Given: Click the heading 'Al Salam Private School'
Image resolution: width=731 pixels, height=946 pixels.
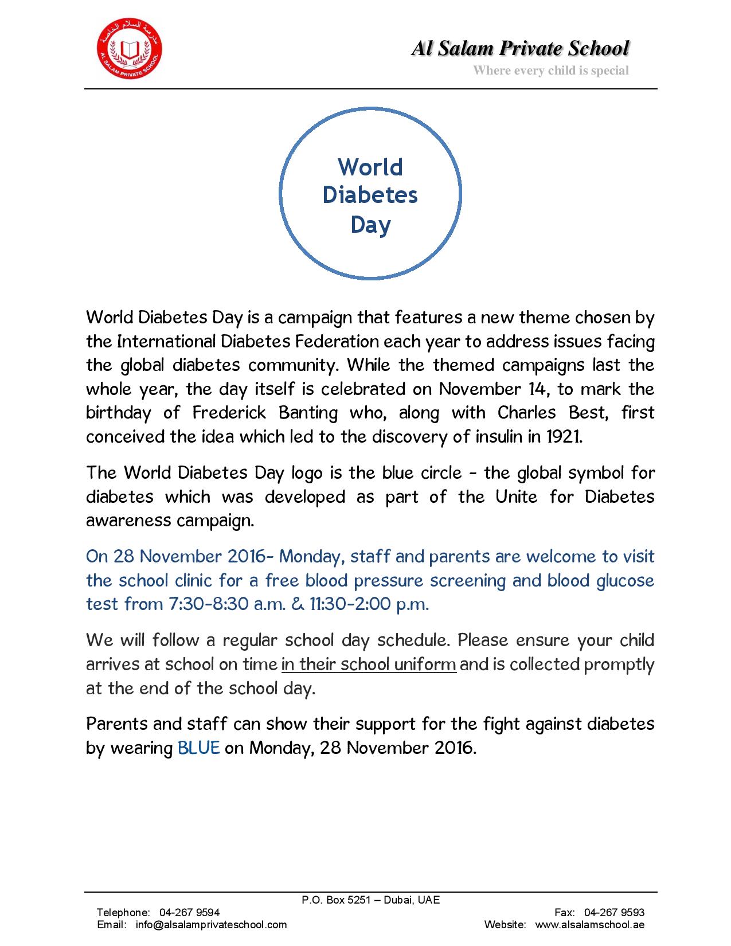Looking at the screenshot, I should tap(519, 49).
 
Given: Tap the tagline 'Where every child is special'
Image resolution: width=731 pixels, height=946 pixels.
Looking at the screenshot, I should tap(550, 71).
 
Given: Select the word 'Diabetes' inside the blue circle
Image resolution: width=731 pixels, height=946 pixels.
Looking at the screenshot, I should tap(370, 195).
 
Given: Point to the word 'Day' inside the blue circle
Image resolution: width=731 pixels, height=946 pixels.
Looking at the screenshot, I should tap(370, 224).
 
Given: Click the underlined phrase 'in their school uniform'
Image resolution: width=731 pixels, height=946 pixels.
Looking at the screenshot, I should tap(369, 664).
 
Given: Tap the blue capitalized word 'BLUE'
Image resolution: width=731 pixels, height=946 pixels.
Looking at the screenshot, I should tap(199, 748).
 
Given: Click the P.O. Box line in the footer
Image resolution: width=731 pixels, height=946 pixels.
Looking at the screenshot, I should tap(370, 900).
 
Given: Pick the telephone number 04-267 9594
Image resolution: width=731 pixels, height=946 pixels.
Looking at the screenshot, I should tap(189, 912).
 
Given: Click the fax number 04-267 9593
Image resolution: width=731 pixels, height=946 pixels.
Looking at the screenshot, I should tap(614, 912).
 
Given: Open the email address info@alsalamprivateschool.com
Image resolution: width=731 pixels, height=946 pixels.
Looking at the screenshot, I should tap(211, 924).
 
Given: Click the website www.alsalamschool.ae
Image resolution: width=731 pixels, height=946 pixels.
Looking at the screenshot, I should tap(589, 924).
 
